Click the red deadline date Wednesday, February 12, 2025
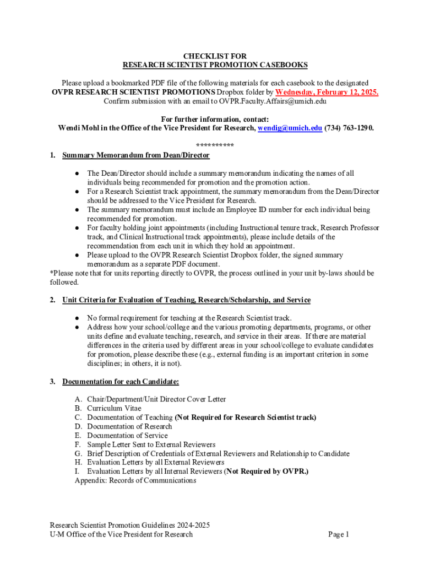pos(327,92)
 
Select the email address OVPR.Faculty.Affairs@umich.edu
pos(267,101)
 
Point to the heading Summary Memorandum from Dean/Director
pos(136,155)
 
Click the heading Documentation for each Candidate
pos(121,381)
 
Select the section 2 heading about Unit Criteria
pos(186,300)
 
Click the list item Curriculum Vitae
pos(114,408)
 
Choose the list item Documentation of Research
pos(129,426)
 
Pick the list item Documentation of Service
pos(127,435)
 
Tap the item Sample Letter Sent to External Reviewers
pos(151,444)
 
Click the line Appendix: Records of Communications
pos(135,480)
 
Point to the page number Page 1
pos(339,534)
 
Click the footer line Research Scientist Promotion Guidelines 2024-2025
pos(129,525)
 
